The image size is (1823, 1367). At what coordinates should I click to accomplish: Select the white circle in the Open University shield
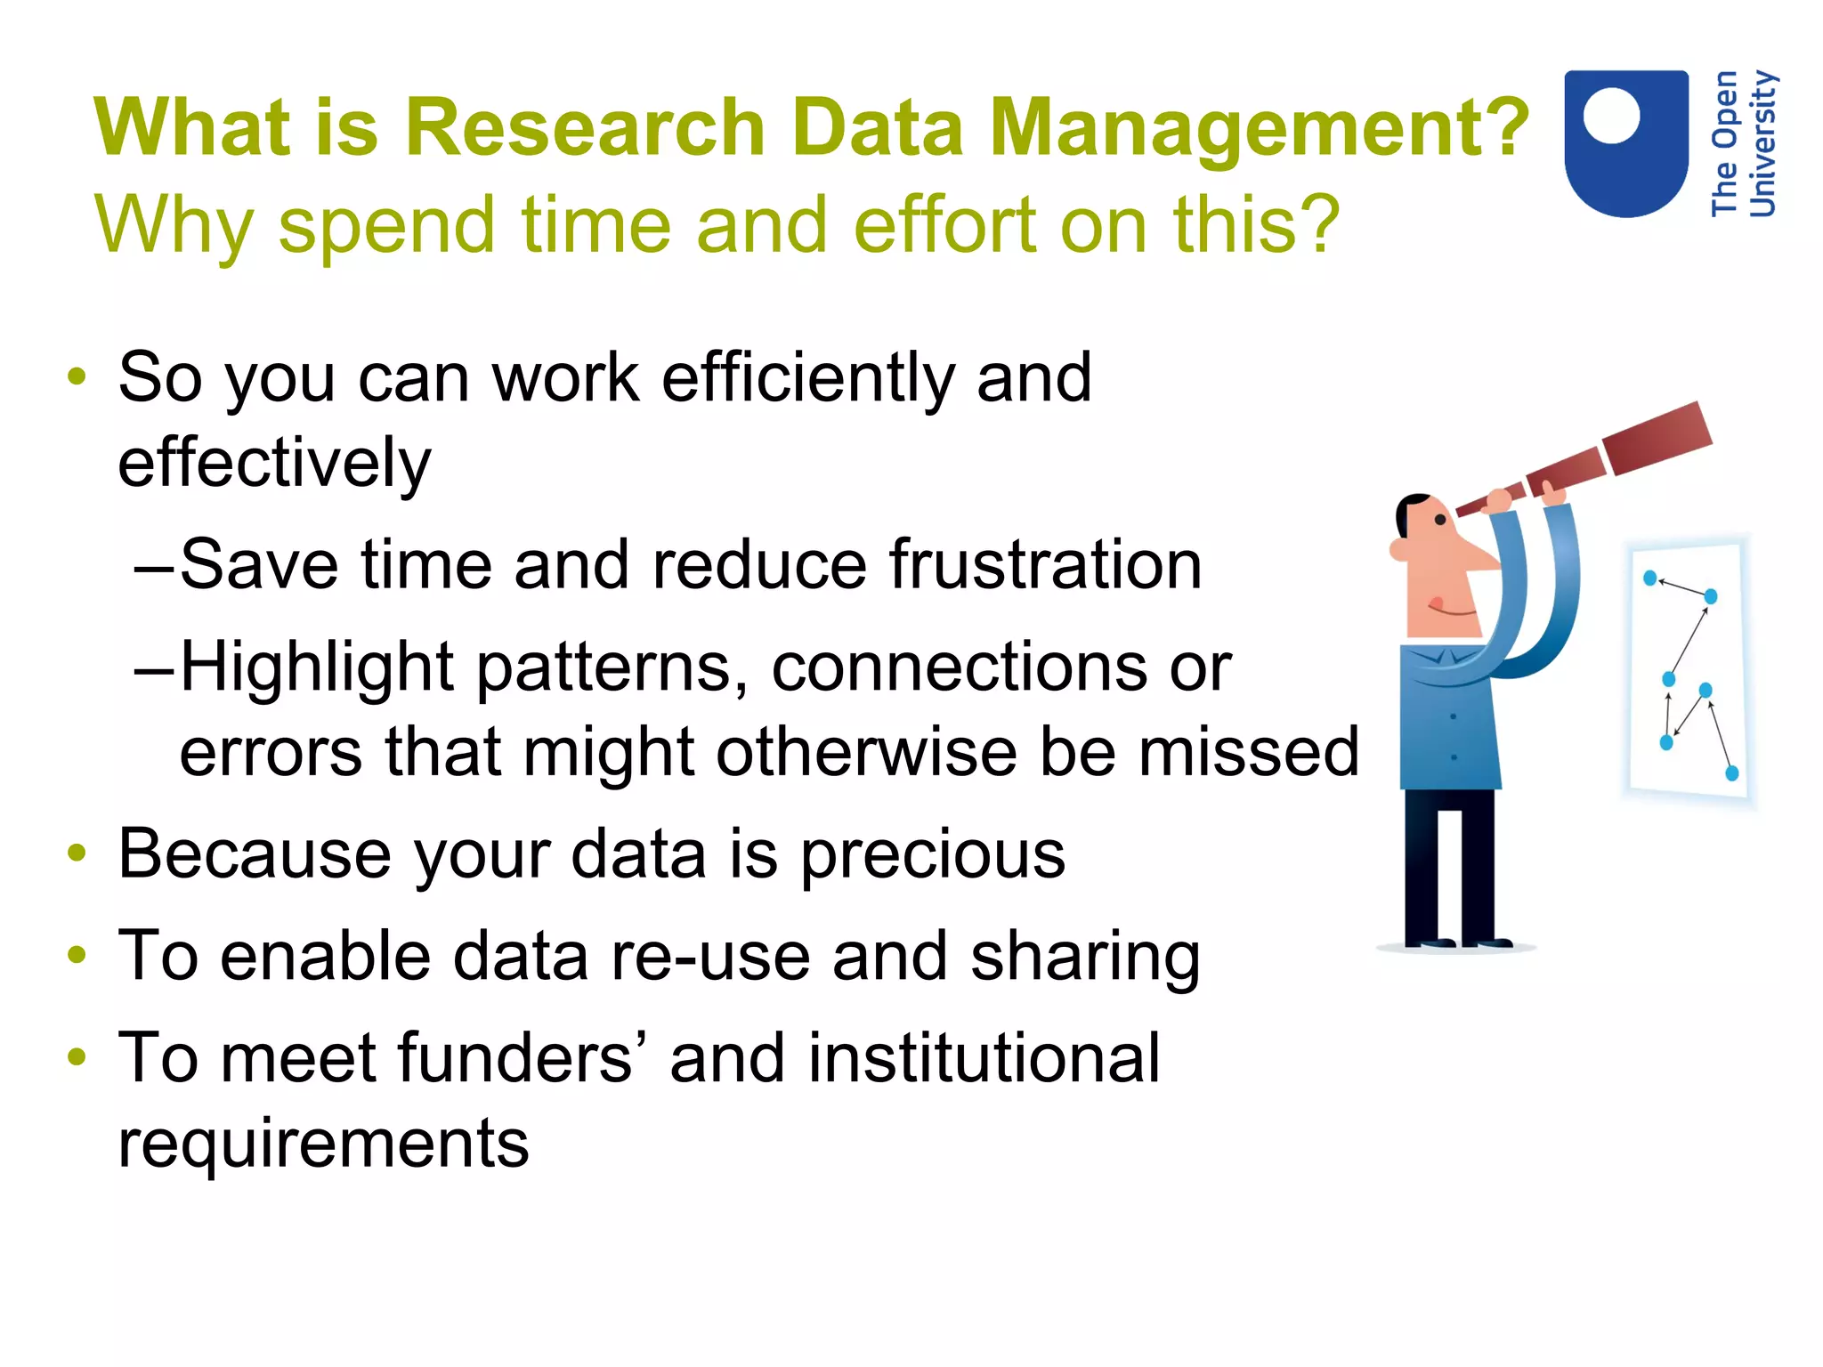pyautogui.click(x=1611, y=116)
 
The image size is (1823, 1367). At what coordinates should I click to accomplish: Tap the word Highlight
pyautogui.click(x=316, y=667)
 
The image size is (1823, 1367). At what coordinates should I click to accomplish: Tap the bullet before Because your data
pyautogui.click(x=77, y=853)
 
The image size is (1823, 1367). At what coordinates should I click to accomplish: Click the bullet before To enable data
pyautogui.click(x=77, y=955)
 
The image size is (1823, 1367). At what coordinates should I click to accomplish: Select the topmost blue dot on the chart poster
pyautogui.click(x=1649, y=578)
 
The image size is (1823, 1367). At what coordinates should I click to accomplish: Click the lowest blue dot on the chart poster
pyautogui.click(x=1731, y=772)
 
